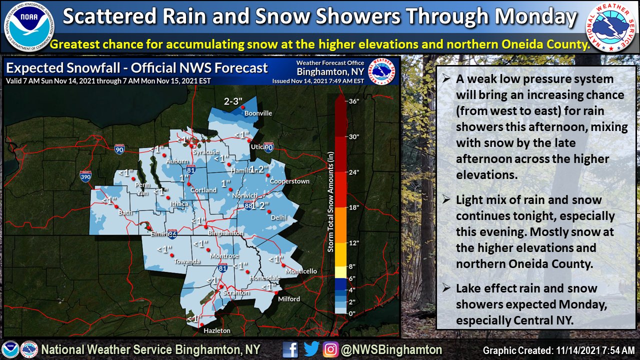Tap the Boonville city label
(x=258, y=113)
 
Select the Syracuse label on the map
(x=206, y=152)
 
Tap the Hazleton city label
(x=217, y=330)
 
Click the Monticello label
(x=301, y=271)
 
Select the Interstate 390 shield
(x=85, y=175)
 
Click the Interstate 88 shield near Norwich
(x=248, y=204)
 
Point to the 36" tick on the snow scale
(x=354, y=101)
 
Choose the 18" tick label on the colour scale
(x=354, y=207)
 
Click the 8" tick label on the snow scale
(x=352, y=266)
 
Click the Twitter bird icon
(x=311, y=349)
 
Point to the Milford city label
(x=289, y=299)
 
